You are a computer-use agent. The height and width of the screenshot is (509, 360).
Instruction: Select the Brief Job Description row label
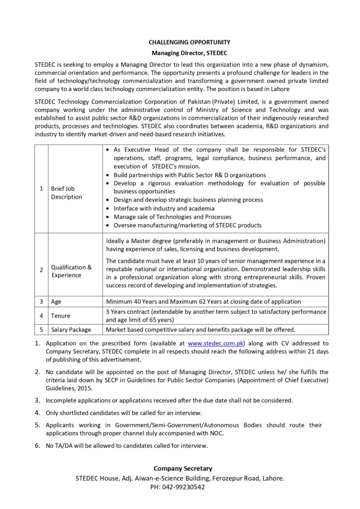click(67, 193)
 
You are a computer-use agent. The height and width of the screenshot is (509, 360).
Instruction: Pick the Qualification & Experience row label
click(72, 271)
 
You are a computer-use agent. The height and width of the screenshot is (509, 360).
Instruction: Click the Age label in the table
click(56, 301)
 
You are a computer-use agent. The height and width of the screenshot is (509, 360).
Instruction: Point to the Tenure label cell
click(61, 316)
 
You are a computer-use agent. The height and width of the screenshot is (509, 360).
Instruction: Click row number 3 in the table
click(41, 301)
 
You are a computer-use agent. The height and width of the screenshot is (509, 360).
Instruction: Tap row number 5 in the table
click(41, 330)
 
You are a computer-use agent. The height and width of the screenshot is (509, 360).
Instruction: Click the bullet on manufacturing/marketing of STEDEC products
click(187, 225)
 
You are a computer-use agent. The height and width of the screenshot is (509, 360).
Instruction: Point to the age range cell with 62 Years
click(204, 301)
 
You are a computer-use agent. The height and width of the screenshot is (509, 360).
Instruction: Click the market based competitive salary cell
click(201, 330)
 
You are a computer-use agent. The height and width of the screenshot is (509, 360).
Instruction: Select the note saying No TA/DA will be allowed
click(127, 445)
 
